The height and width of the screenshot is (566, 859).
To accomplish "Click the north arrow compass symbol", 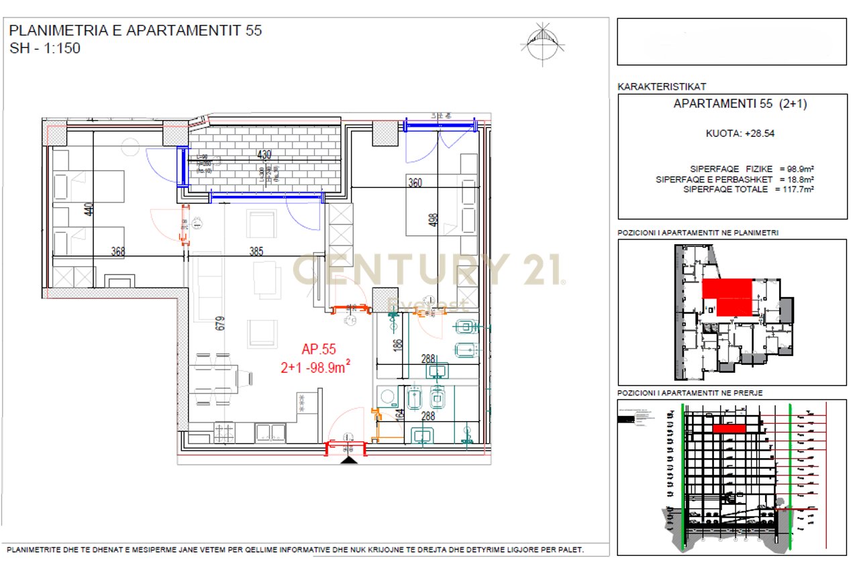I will (x=542, y=42).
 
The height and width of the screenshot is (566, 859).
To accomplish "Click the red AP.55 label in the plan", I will (x=318, y=349).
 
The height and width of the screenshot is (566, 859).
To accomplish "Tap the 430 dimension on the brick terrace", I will (x=264, y=155).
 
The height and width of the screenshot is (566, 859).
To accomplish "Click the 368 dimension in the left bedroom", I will (x=119, y=252).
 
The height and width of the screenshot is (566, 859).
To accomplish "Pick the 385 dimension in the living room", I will (x=256, y=252).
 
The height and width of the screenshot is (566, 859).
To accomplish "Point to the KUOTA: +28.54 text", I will (x=730, y=133).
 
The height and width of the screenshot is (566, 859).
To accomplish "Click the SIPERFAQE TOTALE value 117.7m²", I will (x=799, y=190).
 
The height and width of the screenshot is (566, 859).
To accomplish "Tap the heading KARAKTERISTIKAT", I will (x=661, y=87).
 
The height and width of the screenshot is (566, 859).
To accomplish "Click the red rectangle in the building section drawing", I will (x=729, y=428).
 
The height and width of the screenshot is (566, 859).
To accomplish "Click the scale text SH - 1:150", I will (x=45, y=48).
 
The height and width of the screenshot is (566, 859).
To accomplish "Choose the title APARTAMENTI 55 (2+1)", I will (x=730, y=104).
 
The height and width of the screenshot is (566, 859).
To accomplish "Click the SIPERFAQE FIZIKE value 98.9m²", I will (x=799, y=169).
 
